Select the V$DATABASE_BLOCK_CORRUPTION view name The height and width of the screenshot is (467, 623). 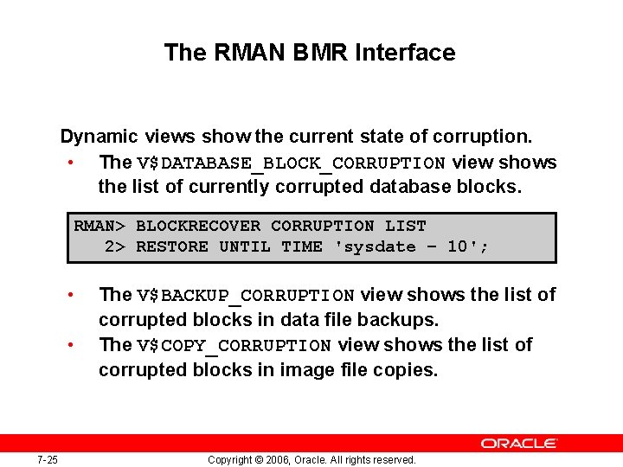(x=291, y=163)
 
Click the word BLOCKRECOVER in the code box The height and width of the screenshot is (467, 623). (x=197, y=227)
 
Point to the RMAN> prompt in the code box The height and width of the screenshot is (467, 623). (x=100, y=227)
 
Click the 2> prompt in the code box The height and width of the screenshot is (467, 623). (x=115, y=247)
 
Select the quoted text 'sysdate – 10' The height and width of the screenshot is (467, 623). (x=411, y=247)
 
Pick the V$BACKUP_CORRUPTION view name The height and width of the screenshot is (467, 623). (x=246, y=296)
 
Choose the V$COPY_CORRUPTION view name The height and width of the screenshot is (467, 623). (x=234, y=346)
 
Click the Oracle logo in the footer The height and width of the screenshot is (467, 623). (x=519, y=444)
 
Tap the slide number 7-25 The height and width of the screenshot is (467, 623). (x=48, y=459)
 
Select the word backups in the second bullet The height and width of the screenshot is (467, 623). (x=403, y=320)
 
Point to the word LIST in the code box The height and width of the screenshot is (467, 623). (x=405, y=227)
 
